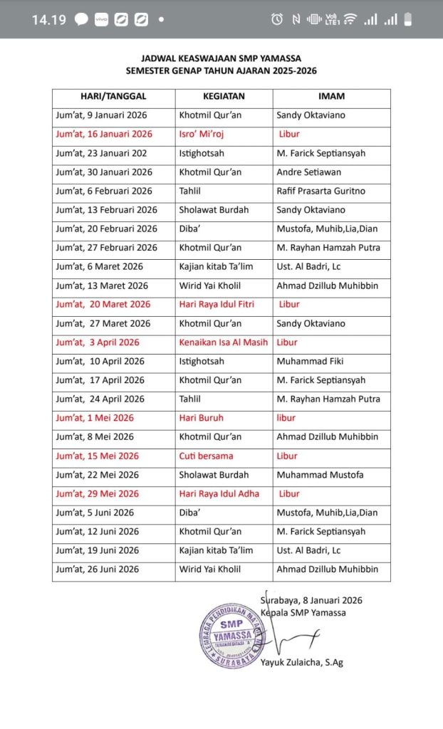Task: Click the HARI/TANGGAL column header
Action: (x=113, y=96)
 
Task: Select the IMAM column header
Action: (x=332, y=96)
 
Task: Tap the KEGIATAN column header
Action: (x=224, y=96)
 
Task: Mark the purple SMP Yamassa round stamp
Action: (x=232, y=636)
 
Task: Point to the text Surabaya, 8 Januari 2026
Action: (x=311, y=600)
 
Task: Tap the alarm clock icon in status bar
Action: (x=276, y=19)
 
